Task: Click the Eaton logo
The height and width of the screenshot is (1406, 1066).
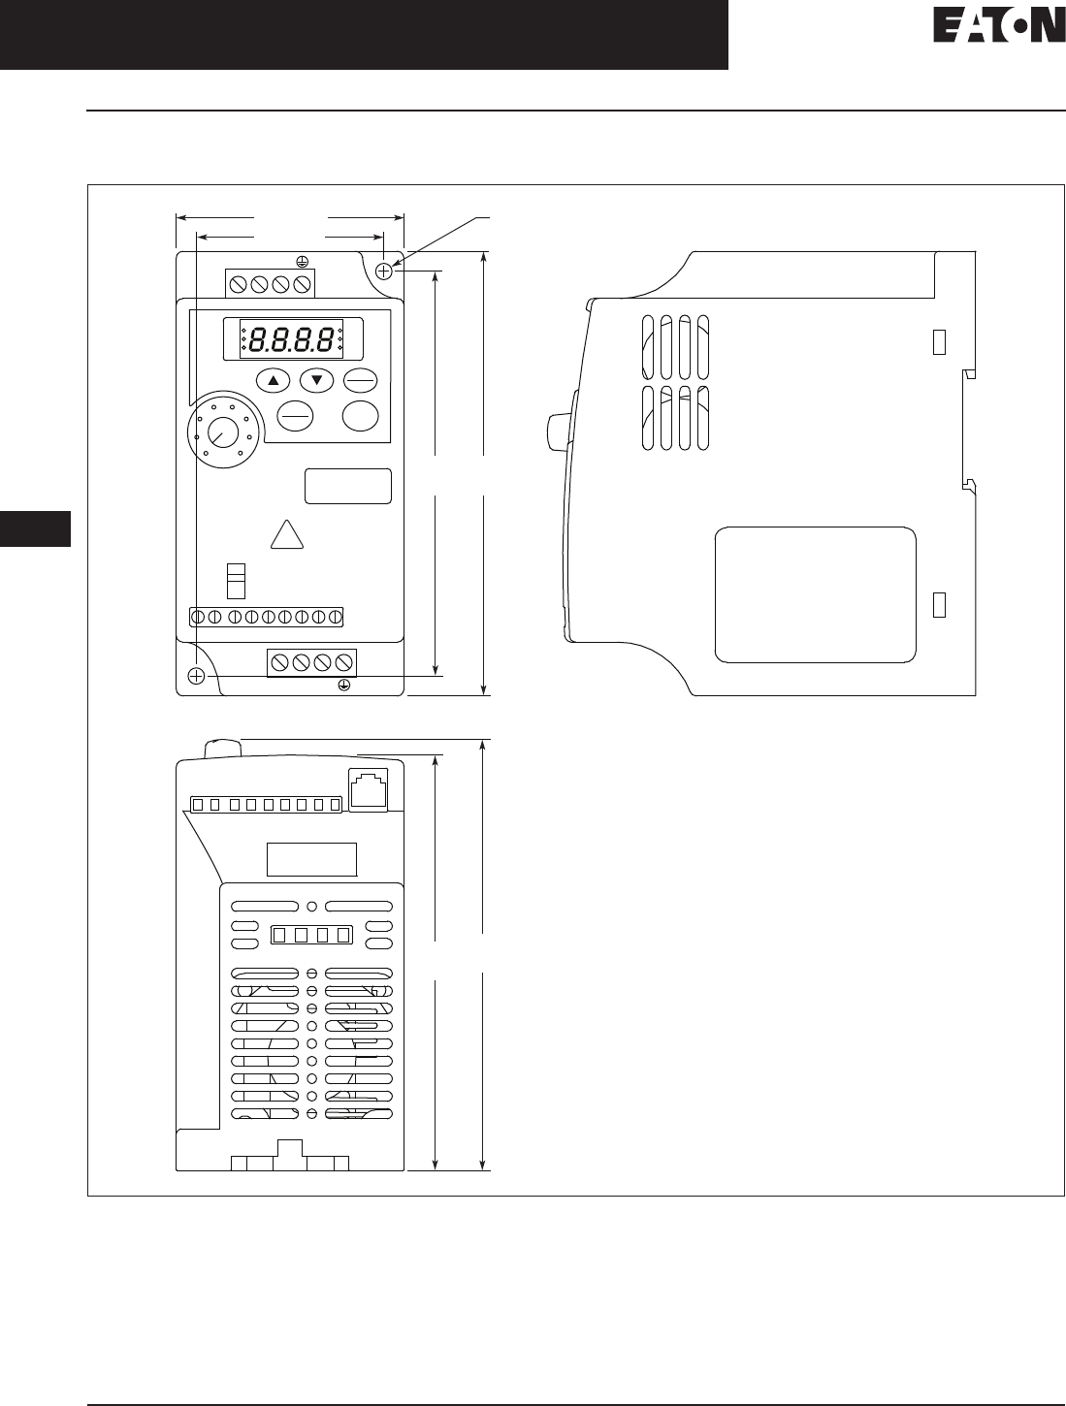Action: pyautogui.click(x=998, y=26)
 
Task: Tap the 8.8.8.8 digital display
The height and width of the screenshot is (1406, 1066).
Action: pyautogui.click(x=291, y=339)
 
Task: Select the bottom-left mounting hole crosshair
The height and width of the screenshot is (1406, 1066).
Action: pyautogui.click(x=197, y=676)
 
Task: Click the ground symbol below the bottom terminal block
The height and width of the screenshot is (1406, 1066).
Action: pyautogui.click(x=343, y=685)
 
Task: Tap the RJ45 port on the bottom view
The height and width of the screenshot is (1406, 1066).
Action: pyautogui.click(x=368, y=787)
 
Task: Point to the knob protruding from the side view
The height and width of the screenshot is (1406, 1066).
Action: pyautogui.click(x=557, y=431)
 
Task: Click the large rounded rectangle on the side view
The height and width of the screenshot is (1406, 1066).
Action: pyautogui.click(x=815, y=595)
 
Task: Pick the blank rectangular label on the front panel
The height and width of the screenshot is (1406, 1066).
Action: pyautogui.click(x=348, y=486)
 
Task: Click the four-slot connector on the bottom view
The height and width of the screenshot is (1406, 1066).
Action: pyautogui.click(x=310, y=936)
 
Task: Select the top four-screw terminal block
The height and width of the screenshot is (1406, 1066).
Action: pyautogui.click(x=271, y=284)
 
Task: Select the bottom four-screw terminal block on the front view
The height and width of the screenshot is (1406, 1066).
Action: pyautogui.click(x=311, y=662)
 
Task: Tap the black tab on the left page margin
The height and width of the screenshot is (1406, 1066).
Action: pyautogui.click(x=35, y=528)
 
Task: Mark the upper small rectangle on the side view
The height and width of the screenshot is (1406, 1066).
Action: pyautogui.click(x=938, y=341)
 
